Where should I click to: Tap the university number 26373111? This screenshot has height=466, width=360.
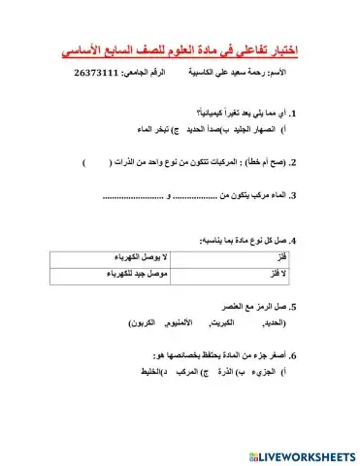pos(101,74)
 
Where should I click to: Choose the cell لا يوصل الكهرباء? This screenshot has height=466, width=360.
pos(142,257)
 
